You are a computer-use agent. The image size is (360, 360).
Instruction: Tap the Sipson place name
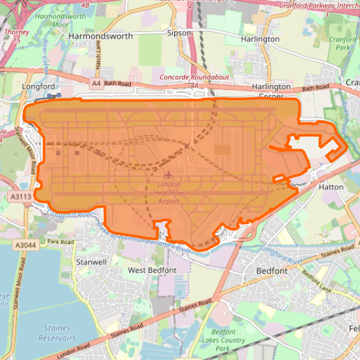pyautogui.click(x=179, y=32)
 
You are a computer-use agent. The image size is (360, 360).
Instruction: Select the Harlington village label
pyautogui.click(x=260, y=39)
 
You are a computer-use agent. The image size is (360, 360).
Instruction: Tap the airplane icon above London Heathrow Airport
pyautogui.click(x=169, y=175)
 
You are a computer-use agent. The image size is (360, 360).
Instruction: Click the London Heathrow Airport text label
pyautogui.click(x=169, y=193)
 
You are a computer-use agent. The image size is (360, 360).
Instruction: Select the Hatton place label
pyautogui.click(x=331, y=187)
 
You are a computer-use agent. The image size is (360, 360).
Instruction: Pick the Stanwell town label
pyautogui.click(x=92, y=262)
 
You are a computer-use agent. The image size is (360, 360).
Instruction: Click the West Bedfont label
pyautogui.click(x=152, y=270)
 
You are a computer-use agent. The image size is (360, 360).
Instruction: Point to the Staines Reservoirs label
pyautogui.click(x=58, y=333)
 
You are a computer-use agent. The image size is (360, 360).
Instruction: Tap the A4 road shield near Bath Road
pyautogui.click(x=96, y=84)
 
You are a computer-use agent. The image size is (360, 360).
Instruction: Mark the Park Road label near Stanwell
pyautogui.click(x=62, y=242)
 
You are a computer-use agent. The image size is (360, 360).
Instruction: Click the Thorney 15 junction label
pyautogui.click(x=12, y=35)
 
